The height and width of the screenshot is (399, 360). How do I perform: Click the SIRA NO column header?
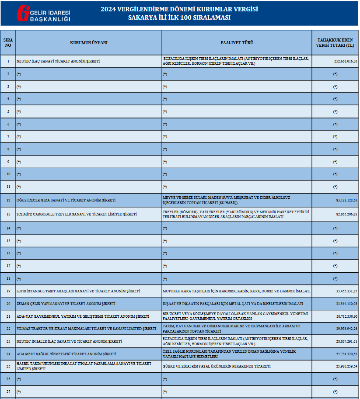(8, 42)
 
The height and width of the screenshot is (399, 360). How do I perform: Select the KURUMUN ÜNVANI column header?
(89, 42)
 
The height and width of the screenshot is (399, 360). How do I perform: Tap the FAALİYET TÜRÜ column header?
(237, 42)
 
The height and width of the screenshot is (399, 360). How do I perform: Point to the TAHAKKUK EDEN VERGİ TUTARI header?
(335, 42)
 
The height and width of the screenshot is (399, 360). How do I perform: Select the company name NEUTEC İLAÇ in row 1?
(58, 62)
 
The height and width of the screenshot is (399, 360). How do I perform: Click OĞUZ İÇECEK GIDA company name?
(66, 200)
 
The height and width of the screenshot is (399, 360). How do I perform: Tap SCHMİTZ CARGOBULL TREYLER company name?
(77, 215)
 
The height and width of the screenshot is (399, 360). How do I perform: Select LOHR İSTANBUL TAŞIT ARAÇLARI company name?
(78, 291)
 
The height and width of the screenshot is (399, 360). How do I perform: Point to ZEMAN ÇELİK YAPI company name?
(66, 304)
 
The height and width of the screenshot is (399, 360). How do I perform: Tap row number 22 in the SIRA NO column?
(8, 329)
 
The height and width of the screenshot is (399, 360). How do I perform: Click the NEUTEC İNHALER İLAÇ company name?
(69, 341)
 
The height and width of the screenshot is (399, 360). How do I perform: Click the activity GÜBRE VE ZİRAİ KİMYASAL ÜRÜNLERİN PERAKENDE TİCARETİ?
(217, 366)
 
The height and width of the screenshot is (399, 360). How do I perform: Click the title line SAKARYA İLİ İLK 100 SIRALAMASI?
(179, 18)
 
